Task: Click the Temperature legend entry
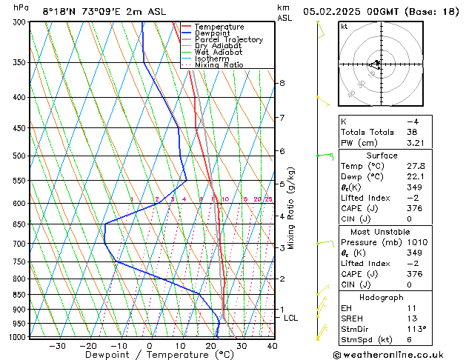(219, 27)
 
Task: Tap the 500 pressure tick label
(20, 156)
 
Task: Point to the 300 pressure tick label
(20, 22)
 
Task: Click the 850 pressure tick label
(20, 295)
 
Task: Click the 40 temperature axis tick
(272, 346)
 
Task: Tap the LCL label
(291, 318)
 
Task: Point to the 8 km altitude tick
(282, 83)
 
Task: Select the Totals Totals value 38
(412, 132)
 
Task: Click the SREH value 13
(412, 318)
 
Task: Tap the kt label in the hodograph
(344, 27)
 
